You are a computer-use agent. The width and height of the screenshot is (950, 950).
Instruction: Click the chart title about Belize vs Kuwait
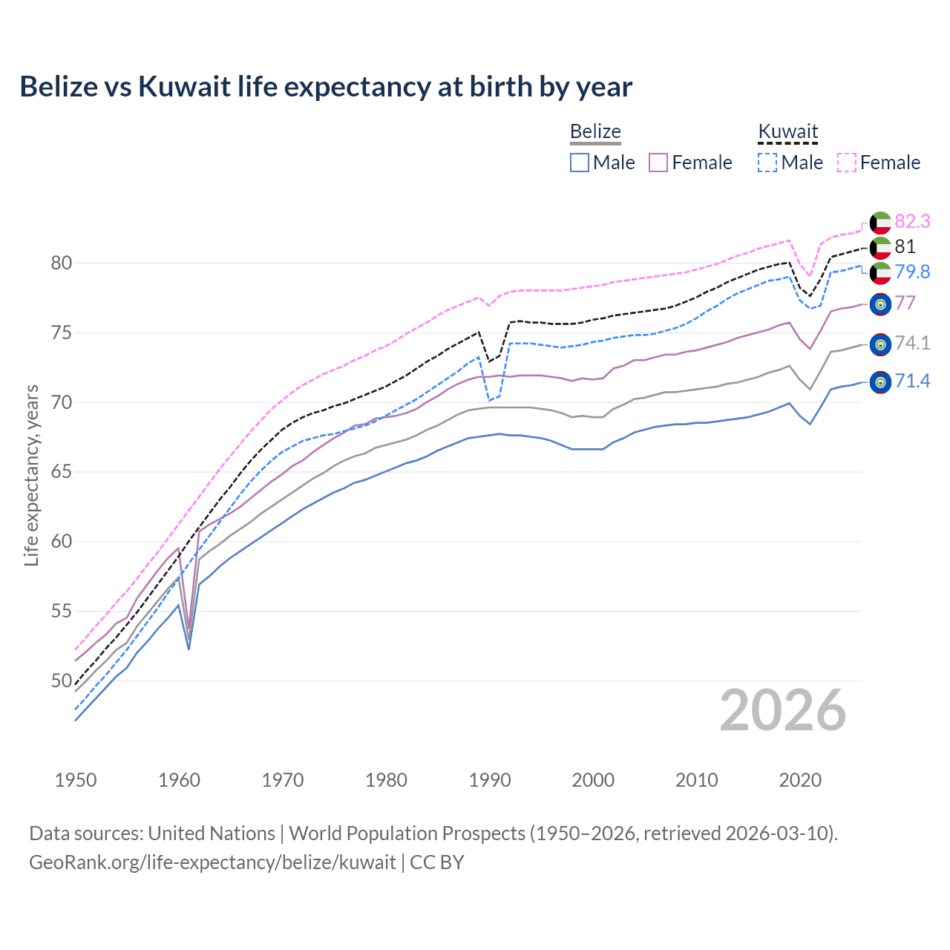326,87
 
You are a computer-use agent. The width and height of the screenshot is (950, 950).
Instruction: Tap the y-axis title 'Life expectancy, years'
31,475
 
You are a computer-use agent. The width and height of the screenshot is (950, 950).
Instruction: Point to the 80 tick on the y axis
62,263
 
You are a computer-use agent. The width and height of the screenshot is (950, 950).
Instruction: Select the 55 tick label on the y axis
62,612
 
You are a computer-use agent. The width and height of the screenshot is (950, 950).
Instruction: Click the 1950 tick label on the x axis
76,780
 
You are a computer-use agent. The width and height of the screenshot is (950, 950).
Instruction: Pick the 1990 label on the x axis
490,780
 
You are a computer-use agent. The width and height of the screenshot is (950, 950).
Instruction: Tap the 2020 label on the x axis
800,780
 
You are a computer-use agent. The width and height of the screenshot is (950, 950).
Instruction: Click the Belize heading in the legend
595,131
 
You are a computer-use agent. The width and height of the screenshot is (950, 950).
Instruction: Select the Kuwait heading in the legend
787,131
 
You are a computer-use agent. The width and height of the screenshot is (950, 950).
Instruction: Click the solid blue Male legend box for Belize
580,163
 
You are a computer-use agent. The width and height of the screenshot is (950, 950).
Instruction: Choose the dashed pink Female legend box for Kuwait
847,163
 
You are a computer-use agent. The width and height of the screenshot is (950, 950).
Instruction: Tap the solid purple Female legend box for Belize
658,163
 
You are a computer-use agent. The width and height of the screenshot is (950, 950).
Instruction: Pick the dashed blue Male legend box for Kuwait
767,163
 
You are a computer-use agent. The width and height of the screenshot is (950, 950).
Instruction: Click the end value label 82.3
912,221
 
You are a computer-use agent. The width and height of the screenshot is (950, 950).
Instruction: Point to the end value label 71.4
912,381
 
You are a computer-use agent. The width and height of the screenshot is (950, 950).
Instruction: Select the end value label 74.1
912,343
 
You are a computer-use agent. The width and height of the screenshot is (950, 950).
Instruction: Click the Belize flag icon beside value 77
880,304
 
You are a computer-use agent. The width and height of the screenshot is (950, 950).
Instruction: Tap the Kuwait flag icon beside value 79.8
880,272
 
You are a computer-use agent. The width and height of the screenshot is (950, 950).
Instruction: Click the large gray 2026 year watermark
783,710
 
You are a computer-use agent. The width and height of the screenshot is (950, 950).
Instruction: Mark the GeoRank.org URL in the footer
212,862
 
